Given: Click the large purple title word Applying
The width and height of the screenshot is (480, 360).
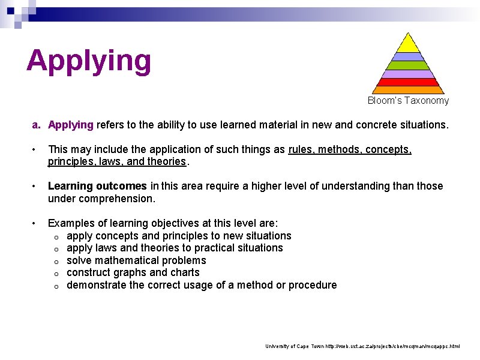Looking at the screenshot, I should click(x=89, y=61).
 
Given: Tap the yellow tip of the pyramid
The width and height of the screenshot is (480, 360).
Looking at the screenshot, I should click(x=409, y=44).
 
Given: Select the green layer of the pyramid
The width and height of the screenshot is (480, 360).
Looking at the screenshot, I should click(x=409, y=65).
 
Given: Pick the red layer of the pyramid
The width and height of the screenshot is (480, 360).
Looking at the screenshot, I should click(x=409, y=82).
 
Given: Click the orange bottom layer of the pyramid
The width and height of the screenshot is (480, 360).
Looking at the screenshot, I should click(x=409, y=90).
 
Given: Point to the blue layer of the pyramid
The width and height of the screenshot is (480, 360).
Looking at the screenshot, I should click(x=409, y=57).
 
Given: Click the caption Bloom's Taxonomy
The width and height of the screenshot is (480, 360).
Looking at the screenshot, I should click(x=408, y=101).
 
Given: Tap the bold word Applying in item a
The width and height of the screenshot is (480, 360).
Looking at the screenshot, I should click(x=71, y=125).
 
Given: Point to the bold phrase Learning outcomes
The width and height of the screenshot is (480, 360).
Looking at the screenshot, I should click(x=97, y=186).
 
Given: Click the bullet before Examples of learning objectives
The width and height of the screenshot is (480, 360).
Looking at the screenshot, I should click(x=35, y=223).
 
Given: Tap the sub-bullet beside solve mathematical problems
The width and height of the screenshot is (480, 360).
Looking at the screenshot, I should click(x=55, y=262).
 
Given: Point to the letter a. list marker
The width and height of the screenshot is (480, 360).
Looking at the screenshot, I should click(x=36, y=125).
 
